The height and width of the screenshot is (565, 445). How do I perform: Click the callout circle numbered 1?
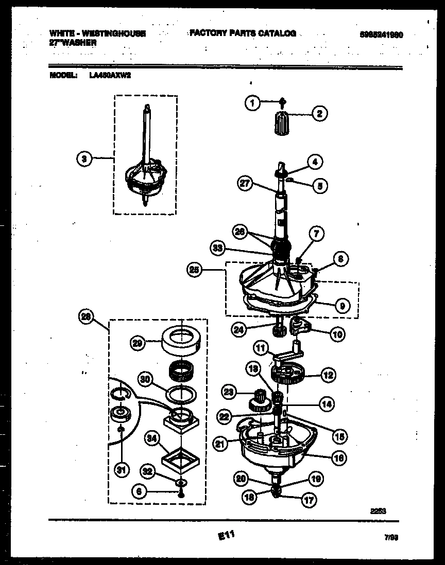[252, 103]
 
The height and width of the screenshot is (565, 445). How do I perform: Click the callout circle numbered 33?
[218, 249]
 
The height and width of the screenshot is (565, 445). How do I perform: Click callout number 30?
[146, 380]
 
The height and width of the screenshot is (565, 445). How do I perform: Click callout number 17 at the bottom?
[309, 499]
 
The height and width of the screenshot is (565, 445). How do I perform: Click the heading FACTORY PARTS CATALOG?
[242, 33]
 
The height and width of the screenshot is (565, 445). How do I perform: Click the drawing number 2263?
[378, 511]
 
